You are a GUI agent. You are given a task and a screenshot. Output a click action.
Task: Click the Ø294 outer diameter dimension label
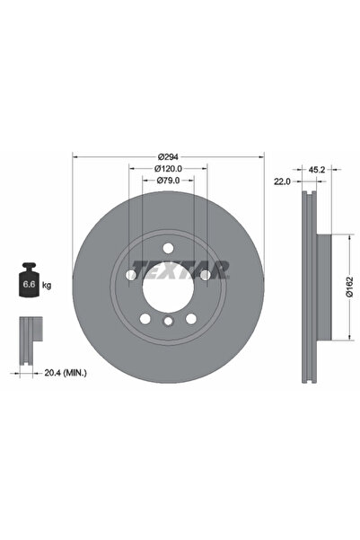168,155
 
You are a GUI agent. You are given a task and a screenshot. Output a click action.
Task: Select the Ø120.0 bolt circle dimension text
168,168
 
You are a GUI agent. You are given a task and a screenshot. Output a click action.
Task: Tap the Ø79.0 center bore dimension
168,181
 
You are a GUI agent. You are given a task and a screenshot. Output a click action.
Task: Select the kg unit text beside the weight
47,285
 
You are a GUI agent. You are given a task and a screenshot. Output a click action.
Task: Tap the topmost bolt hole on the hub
168,248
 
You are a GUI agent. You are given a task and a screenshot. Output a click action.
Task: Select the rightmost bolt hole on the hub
205,274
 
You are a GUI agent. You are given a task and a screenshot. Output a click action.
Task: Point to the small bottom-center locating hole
168,322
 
